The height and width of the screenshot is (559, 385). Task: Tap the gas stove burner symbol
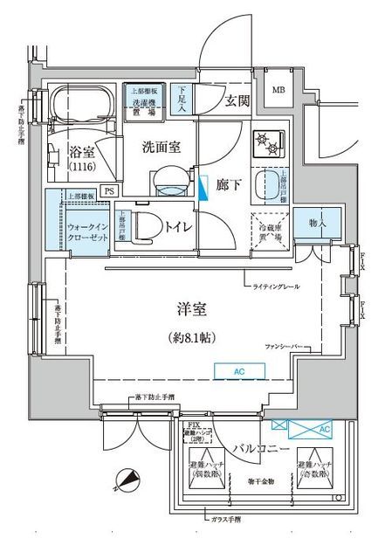[x=265, y=141]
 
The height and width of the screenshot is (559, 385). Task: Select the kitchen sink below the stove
[x=265, y=184]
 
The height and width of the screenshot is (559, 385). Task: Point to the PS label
[x=109, y=190]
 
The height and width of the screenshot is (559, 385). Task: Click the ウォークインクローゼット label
[x=86, y=232]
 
